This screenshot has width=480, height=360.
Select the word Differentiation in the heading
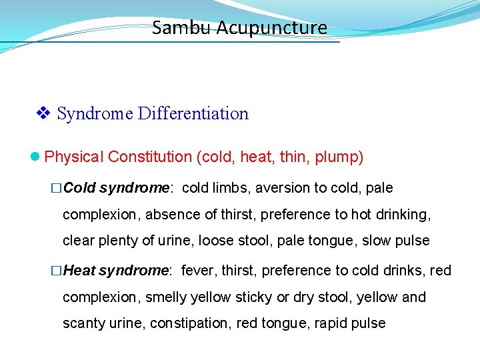click(x=193, y=114)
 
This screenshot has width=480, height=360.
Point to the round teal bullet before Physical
click(x=36, y=157)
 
